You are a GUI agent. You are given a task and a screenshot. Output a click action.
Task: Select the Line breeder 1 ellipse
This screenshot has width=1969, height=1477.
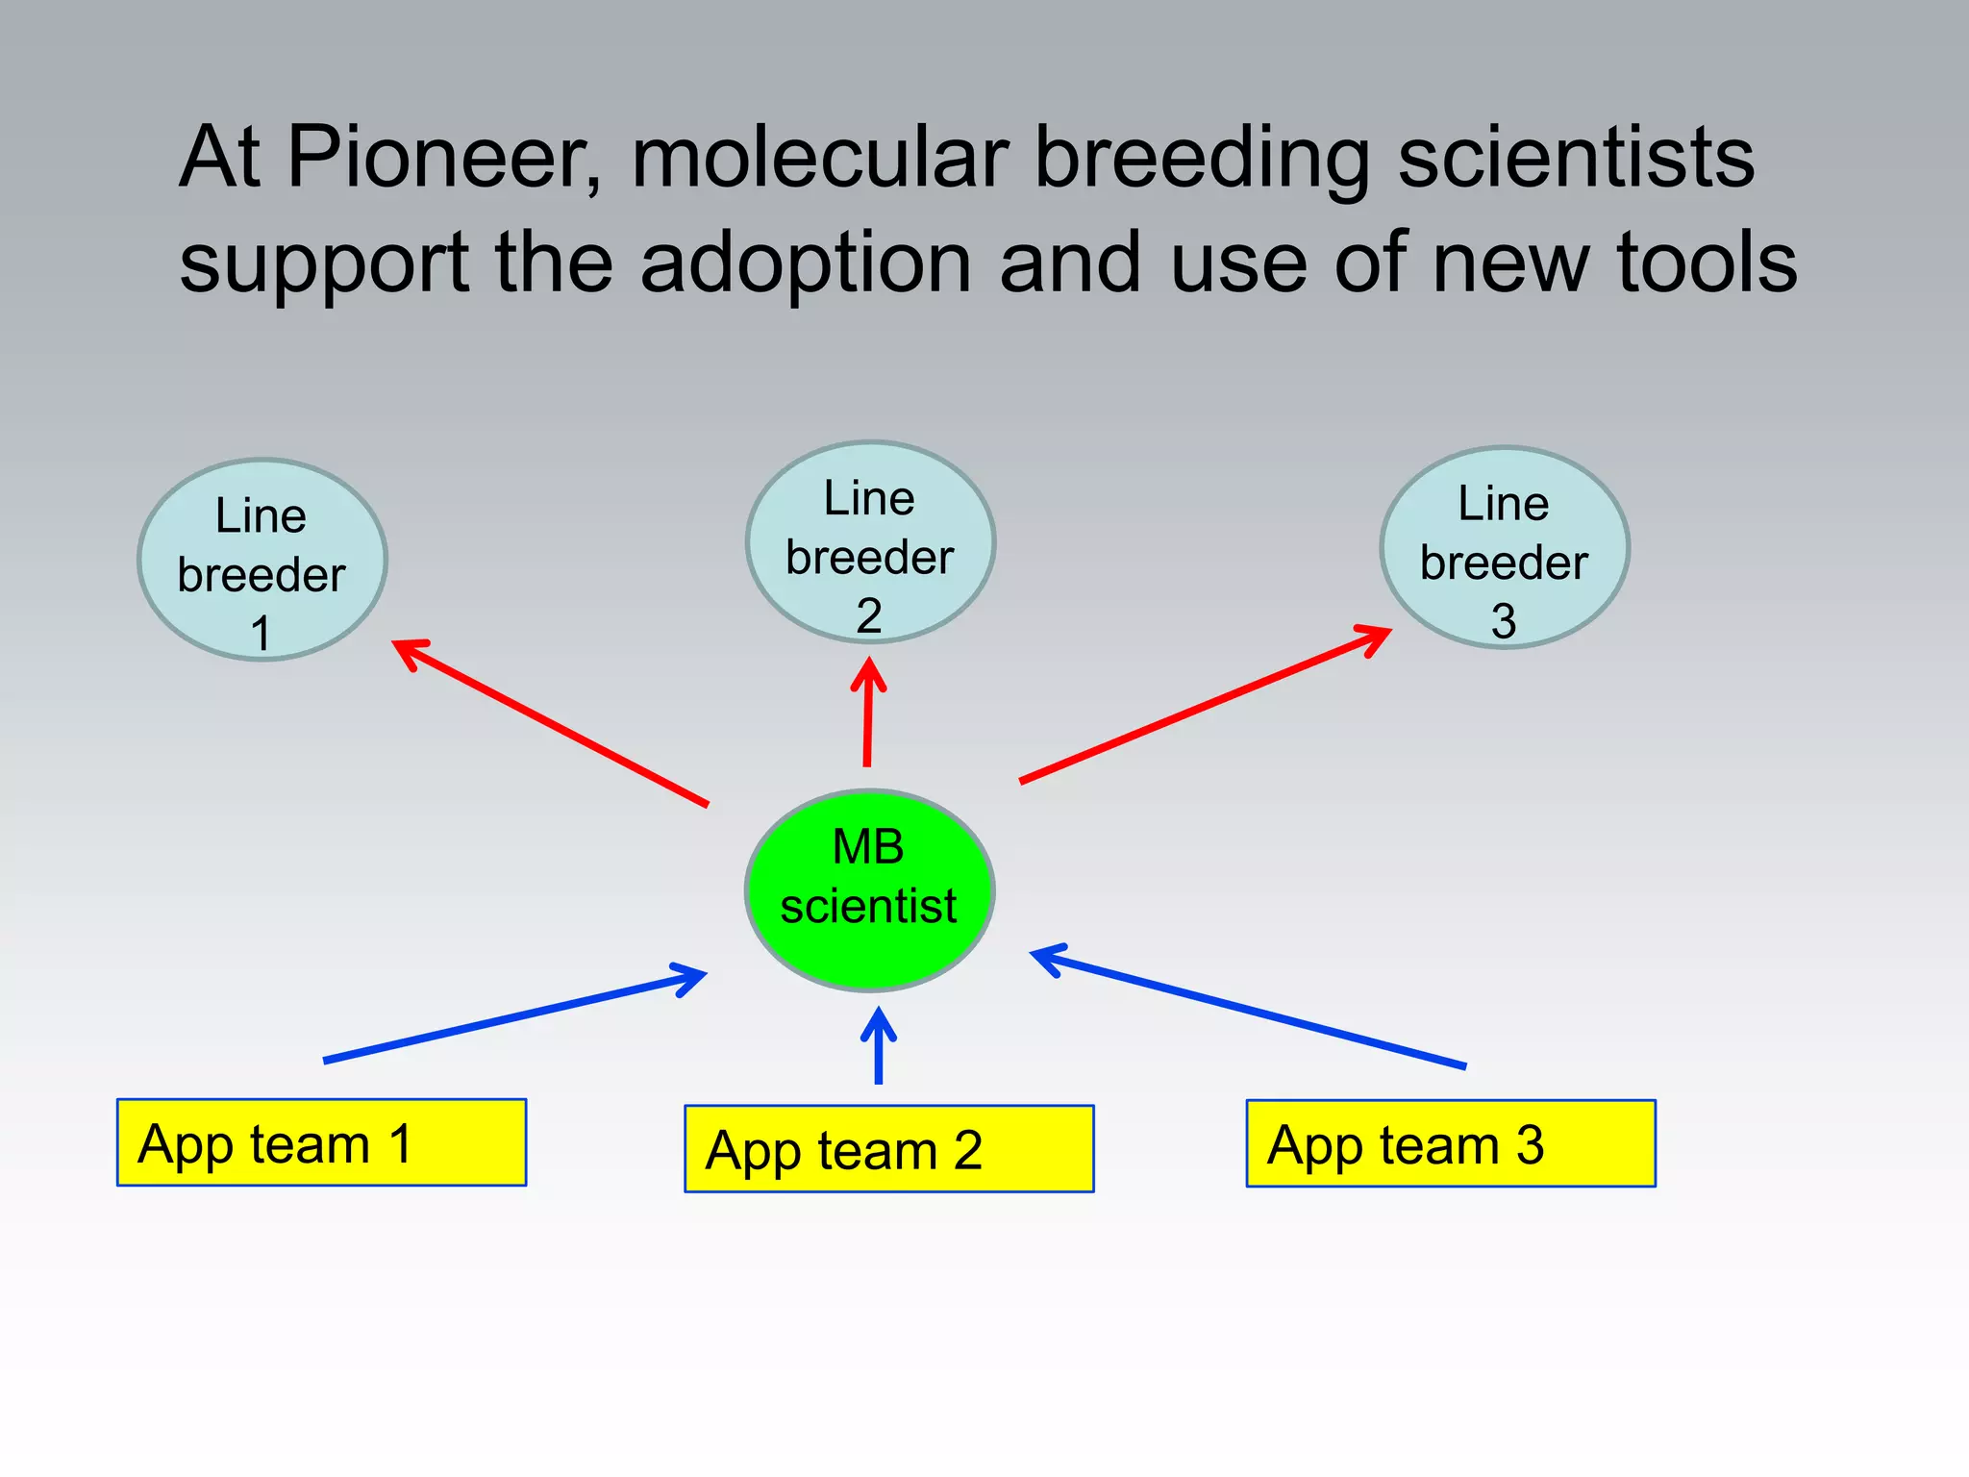262,560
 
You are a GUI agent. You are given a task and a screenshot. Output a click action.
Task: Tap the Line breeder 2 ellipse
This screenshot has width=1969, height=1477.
870,542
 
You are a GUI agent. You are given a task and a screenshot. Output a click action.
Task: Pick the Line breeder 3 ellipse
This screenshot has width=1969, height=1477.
1505,547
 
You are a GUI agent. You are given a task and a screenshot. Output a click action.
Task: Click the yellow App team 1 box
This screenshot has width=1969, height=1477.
321,1142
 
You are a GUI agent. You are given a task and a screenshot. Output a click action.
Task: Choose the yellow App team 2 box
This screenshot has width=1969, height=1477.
888,1149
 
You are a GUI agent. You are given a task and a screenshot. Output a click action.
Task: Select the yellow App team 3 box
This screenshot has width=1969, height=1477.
1451,1143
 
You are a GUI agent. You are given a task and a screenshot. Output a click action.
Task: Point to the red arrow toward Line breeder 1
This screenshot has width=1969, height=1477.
551,723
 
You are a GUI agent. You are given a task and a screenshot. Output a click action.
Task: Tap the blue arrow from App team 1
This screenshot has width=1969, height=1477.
515,1017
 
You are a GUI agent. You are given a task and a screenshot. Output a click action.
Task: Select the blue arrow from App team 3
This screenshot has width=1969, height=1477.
1248,1008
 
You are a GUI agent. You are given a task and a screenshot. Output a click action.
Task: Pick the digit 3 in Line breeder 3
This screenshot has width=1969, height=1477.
1504,621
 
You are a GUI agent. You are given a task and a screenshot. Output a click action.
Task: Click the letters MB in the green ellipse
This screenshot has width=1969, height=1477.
867,847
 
